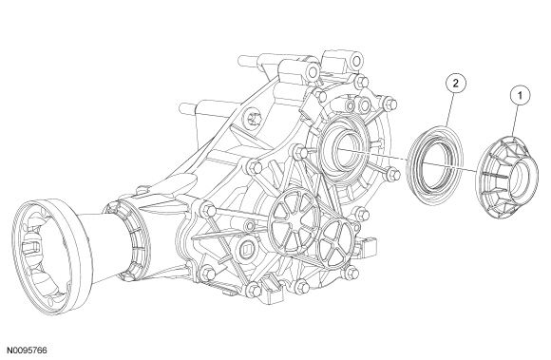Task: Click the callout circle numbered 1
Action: tap(520, 95)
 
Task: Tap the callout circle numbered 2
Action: tap(456, 84)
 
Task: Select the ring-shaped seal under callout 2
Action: tap(434, 164)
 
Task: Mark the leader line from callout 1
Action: tap(516, 120)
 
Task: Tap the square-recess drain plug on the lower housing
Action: tap(247, 250)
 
